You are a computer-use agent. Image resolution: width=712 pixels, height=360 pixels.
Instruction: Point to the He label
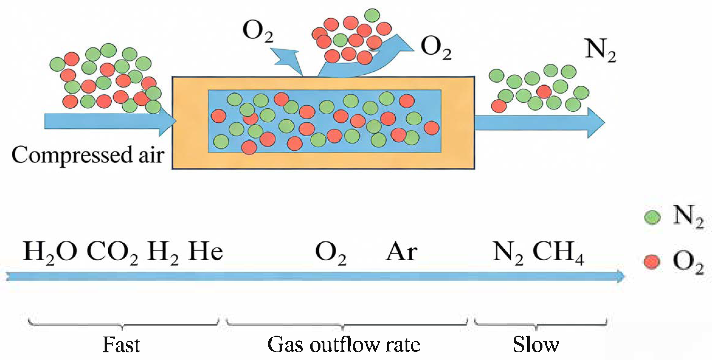tap(205, 252)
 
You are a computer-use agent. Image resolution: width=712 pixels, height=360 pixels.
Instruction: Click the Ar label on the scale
tap(401, 252)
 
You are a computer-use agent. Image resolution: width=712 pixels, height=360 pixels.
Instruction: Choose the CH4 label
tap(558, 252)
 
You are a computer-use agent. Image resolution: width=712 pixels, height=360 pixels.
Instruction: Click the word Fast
tap(121, 345)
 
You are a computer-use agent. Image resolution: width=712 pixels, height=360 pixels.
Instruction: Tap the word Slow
tap(536, 345)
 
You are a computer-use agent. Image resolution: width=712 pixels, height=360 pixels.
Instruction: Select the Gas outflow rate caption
tap(344, 345)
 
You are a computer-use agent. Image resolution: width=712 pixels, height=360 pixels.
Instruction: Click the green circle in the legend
tap(652, 217)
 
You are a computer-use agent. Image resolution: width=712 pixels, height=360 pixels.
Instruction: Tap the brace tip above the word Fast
tap(122, 328)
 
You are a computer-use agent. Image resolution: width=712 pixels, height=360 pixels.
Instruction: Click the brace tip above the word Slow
tap(536, 328)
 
